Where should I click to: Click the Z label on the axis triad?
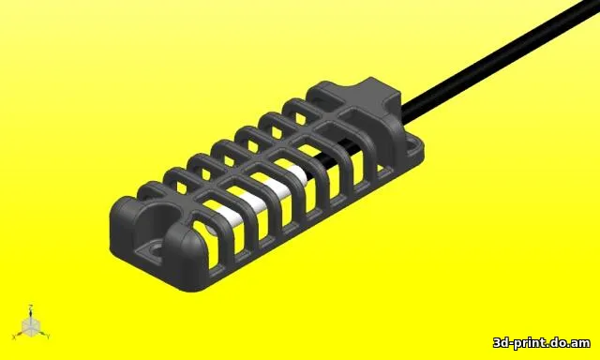30,306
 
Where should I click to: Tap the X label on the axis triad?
14,337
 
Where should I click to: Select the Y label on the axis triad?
48,337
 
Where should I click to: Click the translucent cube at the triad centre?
31,327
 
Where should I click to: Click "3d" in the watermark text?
502,342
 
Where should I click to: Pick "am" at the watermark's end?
580,343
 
